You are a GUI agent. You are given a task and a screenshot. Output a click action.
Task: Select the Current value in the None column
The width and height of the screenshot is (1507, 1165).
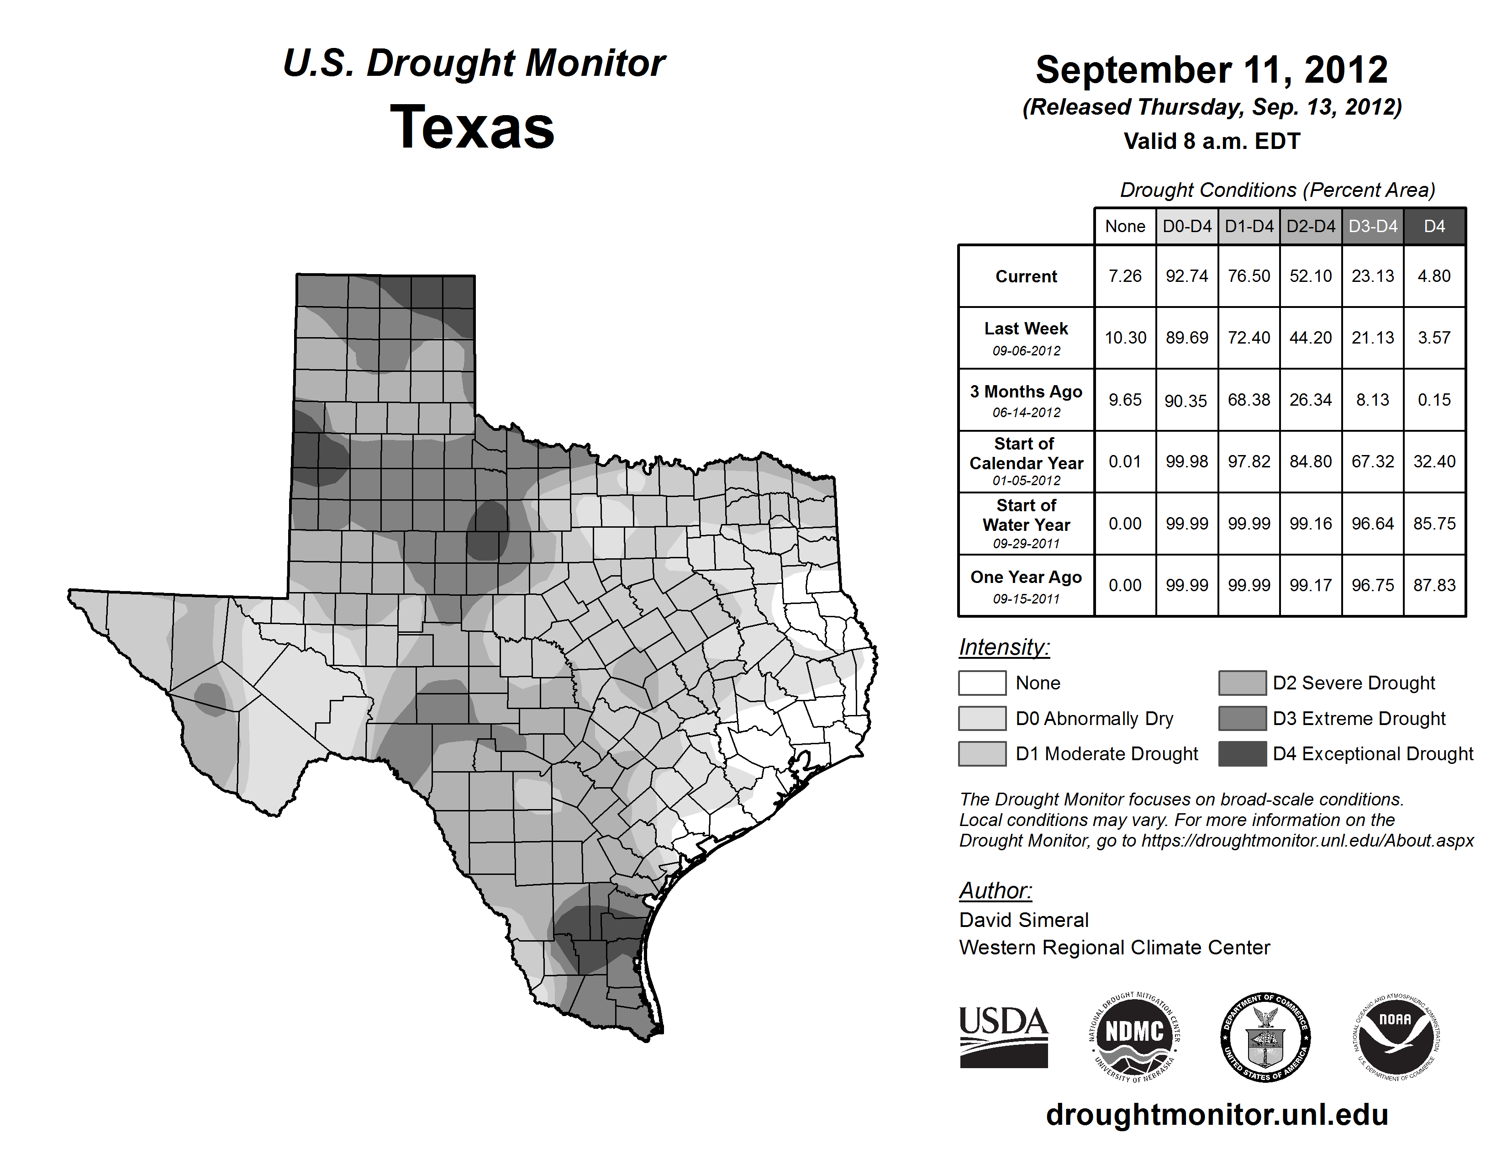click(x=1125, y=276)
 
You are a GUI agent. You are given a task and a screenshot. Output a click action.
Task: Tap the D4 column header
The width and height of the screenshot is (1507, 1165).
click(x=1434, y=226)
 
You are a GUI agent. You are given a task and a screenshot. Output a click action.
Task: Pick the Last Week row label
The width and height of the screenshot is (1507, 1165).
click(x=1026, y=329)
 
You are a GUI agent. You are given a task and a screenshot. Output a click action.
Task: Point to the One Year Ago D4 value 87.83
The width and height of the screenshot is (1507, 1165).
click(x=1434, y=585)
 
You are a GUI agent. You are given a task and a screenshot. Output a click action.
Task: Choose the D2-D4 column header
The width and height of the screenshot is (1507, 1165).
click(x=1310, y=226)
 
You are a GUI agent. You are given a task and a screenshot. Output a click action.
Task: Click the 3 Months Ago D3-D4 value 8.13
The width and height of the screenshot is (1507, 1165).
click(x=1372, y=400)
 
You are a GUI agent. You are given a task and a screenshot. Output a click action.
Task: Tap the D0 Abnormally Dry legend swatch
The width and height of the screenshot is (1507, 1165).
click(x=982, y=718)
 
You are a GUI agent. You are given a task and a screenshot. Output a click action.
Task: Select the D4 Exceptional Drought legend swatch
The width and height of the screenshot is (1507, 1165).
click(x=1242, y=754)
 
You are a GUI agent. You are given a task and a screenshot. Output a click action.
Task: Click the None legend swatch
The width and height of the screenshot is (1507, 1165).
click(x=982, y=683)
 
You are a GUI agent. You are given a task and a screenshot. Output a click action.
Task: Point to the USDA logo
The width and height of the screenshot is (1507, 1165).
click(x=1003, y=1037)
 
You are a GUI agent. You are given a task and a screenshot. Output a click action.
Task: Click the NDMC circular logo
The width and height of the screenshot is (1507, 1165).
click(x=1134, y=1037)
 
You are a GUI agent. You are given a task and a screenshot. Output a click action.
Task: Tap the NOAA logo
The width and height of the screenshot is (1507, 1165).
click(x=1396, y=1037)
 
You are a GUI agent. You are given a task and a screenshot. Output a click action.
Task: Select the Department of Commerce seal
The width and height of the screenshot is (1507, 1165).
click(x=1265, y=1037)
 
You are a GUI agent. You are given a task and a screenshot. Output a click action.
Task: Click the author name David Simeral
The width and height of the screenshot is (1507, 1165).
click(x=1023, y=920)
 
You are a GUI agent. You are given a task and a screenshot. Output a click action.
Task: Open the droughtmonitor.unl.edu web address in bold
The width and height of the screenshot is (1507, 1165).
click(x=1217, y=1115)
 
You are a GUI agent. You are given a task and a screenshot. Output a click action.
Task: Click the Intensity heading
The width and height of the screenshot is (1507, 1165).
click(x=1004, y=647)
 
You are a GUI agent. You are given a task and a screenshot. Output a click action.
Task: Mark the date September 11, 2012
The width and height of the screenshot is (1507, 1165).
click(x=1211, y=70)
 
